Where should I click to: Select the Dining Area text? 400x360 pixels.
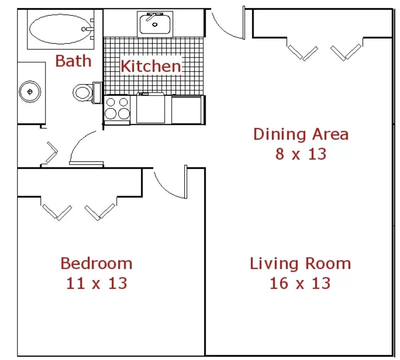tap(301, 134)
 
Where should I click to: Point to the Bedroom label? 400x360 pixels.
tap(96, 263)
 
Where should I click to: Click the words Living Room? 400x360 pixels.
tap(300, 264)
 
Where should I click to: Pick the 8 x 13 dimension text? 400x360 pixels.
tap(301, 154)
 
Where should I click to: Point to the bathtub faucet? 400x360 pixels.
tap(88, 29)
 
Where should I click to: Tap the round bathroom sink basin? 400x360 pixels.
tap(30, 92)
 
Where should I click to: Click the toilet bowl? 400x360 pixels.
tap(83, 93)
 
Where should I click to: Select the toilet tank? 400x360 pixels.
tap(97, 93)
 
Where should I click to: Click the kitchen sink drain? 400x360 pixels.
tap(155, 25)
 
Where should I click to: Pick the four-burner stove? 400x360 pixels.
tap(117, 110)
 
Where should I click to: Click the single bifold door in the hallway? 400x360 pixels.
tap(52, 152)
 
